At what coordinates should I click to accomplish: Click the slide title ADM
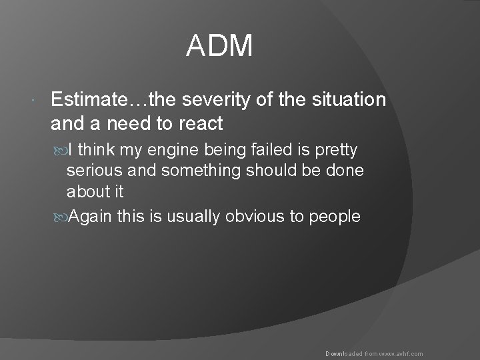point(219,47)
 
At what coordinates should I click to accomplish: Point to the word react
point(199,123)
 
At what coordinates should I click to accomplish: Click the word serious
point(92,171)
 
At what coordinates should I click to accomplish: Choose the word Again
point(92,217)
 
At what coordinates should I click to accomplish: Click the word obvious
point(250,217)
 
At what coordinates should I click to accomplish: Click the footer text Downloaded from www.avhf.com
point(374,354)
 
